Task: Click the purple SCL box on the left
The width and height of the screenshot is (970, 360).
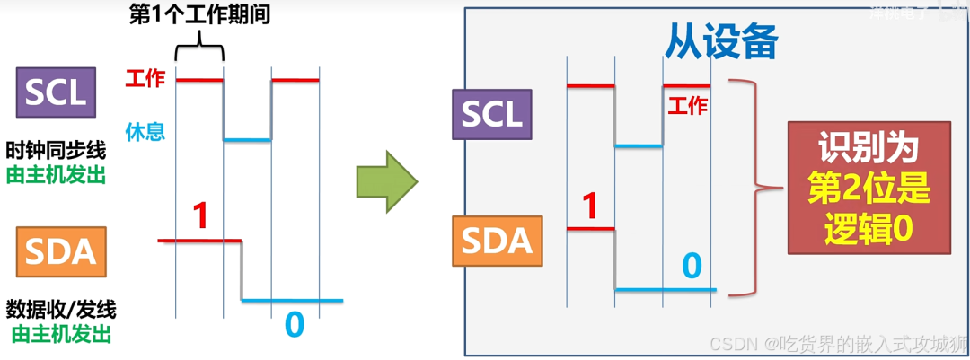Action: tap(56, 92)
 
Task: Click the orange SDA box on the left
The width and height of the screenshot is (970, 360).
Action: tap(60, 251)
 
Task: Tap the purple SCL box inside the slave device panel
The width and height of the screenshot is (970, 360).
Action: tap(491, 114)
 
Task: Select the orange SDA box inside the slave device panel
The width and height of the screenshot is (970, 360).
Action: tap(497, 240)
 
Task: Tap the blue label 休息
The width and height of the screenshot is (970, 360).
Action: tap(145, 133)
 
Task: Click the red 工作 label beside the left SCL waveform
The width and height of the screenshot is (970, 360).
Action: tap(145, 79)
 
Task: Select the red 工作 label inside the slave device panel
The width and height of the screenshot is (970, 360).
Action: tap(688, 106)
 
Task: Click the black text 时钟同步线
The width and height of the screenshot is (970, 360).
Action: tap(56, 150)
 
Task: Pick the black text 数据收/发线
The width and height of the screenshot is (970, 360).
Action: tap(61, 311)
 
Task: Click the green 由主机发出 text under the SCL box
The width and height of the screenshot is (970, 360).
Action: tap(56, 174)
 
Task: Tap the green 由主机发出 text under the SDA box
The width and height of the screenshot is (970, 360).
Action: tap(61, 335)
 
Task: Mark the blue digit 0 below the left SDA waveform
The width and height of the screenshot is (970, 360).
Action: tap(294, 324)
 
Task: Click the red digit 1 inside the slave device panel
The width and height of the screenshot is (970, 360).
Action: tap(590, 206)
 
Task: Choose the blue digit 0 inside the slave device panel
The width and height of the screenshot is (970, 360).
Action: tap(691, 266)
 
